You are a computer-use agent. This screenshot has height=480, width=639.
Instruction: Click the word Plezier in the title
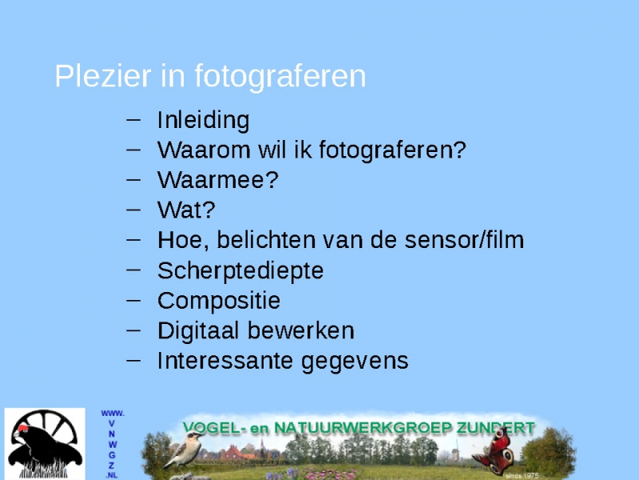coord(103,76)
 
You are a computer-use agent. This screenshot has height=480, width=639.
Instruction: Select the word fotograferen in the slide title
coord(280,77)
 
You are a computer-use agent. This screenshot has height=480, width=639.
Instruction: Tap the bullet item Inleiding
coord(204,121)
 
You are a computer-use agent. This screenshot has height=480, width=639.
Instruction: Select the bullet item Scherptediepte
coord(240,271)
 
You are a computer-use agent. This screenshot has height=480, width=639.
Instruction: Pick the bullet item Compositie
coord(219,302)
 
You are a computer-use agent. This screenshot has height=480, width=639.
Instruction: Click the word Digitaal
coord(198,331)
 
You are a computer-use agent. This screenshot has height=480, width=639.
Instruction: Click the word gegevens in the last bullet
coord(355,362)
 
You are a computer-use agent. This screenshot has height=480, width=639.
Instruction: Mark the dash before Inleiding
coord(133,120)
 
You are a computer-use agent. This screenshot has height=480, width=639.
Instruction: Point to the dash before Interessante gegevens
coord(133,361)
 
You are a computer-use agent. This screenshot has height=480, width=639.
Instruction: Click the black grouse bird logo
coord(45,444)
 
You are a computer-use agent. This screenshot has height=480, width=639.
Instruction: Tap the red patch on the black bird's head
coord(22,428)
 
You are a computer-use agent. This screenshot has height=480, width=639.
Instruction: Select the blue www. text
coord(113,414)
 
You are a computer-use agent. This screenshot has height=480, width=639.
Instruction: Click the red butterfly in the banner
coord(494,451)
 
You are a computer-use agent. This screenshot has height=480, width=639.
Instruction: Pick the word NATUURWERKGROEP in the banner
coord(363,428)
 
